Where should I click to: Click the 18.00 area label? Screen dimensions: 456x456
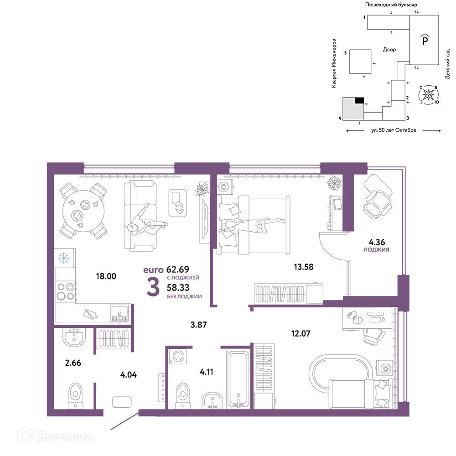click(106, 276)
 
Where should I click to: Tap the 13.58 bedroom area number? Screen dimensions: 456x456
click(304, 267)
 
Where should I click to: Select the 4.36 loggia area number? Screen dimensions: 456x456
click(377, 242)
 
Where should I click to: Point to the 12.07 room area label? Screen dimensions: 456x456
click(301, 333)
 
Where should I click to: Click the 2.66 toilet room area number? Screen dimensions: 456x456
click(73, 363)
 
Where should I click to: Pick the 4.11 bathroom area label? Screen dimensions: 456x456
click(207, 372)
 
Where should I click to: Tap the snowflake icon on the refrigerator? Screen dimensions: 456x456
click(64, 258)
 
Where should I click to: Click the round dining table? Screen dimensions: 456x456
click(83, 211)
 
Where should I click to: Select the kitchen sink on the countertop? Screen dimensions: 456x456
click(119, 313)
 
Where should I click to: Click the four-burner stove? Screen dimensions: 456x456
click(66, 291)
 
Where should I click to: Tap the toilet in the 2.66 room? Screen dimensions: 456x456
click(75, 396)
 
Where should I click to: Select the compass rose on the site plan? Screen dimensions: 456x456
click(428, 95)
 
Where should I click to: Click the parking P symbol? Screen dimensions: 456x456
click(425, 40)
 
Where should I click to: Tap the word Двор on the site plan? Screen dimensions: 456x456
click(389, 50)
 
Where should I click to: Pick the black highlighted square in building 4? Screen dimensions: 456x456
click(359, 101)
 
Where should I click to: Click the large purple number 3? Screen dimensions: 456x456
click(153, 287)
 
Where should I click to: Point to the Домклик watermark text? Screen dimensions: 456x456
click(65, 436)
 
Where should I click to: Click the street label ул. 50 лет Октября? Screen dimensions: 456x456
click(394, 130)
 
